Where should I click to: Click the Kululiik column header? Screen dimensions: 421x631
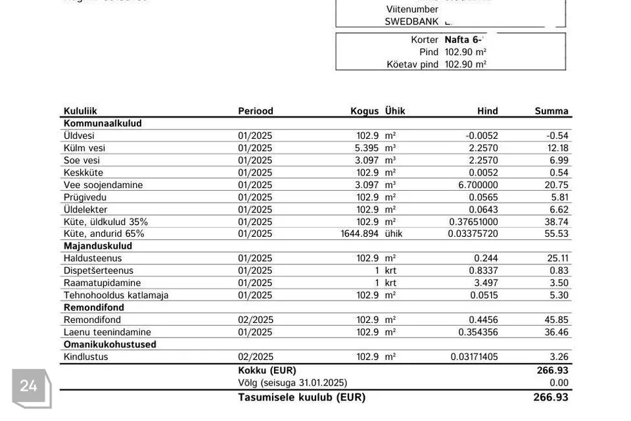coord(80,111)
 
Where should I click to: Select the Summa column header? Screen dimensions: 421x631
coord(551,111)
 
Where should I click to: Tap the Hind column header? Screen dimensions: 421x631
coord(487,111)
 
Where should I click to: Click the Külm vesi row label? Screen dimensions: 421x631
coord(84,148)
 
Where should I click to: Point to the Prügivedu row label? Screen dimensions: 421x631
coord(85,197)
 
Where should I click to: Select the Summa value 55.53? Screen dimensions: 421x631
coord(557,234)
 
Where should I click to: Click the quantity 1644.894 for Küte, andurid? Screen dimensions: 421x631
coord(360,234)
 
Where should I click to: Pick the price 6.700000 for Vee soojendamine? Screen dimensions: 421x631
coord(478,185)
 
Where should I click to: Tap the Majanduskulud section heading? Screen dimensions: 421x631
coord(98,246)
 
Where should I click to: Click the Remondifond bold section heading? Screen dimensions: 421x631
coord(94,307)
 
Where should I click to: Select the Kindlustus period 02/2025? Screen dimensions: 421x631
coord(255,357)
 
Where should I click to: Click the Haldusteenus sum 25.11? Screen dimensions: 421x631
coord(557,259)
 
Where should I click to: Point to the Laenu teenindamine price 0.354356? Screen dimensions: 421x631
coord(479,332)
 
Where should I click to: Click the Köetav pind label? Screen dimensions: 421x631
coord(412,64)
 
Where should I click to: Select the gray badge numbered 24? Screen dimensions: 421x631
coord(30,386)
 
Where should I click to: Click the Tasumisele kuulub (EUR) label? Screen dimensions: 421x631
coord(302,397)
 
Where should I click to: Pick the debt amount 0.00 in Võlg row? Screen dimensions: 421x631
coord(559,382)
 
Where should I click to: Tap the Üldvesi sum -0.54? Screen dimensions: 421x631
coord(557,136)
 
